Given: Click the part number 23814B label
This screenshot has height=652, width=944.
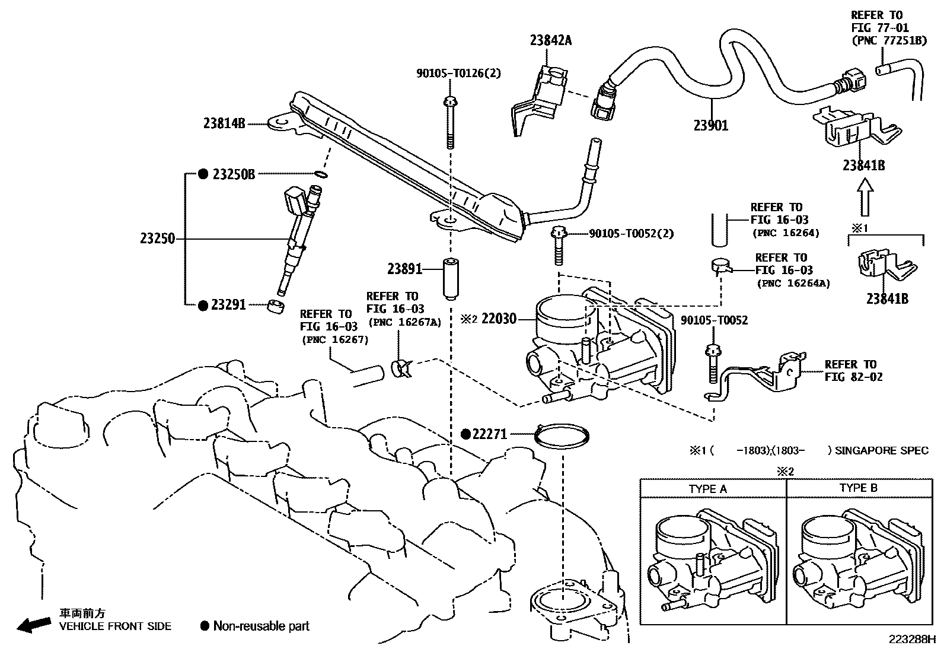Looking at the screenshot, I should pos(224,124).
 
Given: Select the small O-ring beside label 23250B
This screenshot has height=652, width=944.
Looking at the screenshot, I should pos(320,174).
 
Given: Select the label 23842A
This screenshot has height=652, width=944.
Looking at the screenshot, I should pos(551,41).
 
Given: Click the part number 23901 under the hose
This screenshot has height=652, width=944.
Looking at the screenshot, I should pos(711,125).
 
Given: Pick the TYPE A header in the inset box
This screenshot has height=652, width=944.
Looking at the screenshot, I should pos(707,489).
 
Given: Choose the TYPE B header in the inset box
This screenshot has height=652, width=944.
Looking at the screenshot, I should pos(857,488).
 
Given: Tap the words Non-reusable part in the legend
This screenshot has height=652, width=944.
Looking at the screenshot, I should pos(261,626).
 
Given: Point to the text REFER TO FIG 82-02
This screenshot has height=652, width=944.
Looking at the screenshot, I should pos(853,371).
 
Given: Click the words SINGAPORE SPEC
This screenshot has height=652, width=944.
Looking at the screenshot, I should pos(881,451).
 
